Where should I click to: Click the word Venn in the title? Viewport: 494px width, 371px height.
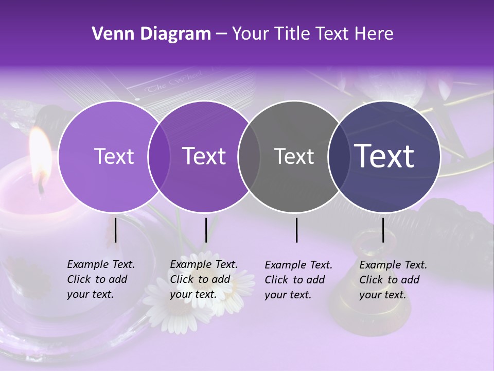tap(108, 34)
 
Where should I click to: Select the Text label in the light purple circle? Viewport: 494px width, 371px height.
tap(114, 156)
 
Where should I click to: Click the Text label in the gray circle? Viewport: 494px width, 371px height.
tap(294, 156)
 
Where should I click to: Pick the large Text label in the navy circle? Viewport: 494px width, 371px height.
tap(384, 156)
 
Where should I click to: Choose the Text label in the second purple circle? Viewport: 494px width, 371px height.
tap(204, 156)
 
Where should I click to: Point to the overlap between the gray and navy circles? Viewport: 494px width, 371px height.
tap(338, 156)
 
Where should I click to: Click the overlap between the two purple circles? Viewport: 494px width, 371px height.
tap(159, 156)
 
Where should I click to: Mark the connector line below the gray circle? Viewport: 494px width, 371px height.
tap(296, 230)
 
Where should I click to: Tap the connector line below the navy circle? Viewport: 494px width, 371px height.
tap(383, 230)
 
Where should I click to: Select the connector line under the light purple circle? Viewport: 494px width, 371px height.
tap(115, 230)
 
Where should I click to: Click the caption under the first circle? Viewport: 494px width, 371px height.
tap(100, 279)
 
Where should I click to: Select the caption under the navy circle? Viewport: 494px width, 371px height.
tap(393, 280)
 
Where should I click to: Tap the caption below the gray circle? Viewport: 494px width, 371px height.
tap(298, 280)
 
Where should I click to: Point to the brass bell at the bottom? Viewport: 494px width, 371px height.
tap(360, 299)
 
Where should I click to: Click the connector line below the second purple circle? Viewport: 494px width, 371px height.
tap(206, 230)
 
